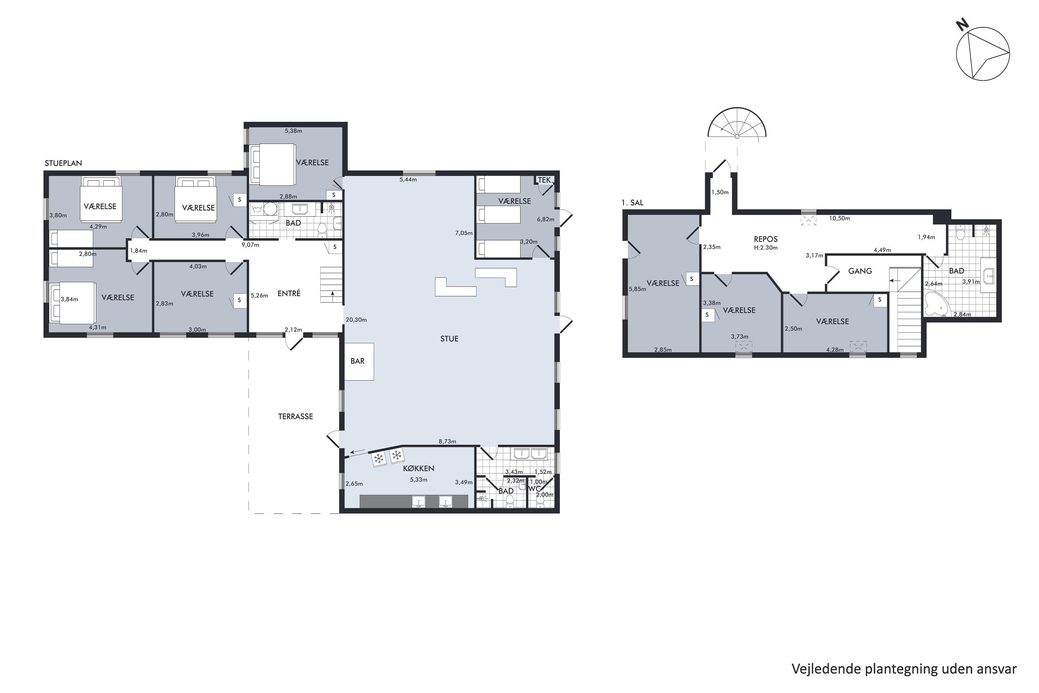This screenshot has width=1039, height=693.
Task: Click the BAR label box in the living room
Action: click(x=359, y=361)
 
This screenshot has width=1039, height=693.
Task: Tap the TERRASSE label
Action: click(x=295, y=416)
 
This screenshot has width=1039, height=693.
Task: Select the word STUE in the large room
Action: click(x=449, y=339)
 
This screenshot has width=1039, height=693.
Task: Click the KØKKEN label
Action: click(x=418, y=468)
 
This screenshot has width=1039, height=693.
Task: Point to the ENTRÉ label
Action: click(x=289, y=293)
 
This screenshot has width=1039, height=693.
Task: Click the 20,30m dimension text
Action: click(x=356, y=319)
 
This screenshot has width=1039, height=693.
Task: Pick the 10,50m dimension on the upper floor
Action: click(x=839, y=218)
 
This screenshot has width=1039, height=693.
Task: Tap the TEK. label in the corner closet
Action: click(x=545, y=180)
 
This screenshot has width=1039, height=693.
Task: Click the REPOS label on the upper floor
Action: click(x=765, y=239)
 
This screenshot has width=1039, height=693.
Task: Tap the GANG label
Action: click(x=860, y=271)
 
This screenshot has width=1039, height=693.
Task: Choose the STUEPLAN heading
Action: click(x=63, y=163)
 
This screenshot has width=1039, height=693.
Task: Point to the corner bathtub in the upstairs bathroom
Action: click(x=936, y=304)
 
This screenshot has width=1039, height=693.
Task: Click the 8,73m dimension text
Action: click(x=447, y=441)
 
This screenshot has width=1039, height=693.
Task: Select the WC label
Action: click(x=535, y=489)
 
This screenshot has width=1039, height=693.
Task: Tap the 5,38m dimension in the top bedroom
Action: click(x=293, y=131)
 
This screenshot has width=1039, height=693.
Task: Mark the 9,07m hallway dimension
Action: click(x=250, y=245)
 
